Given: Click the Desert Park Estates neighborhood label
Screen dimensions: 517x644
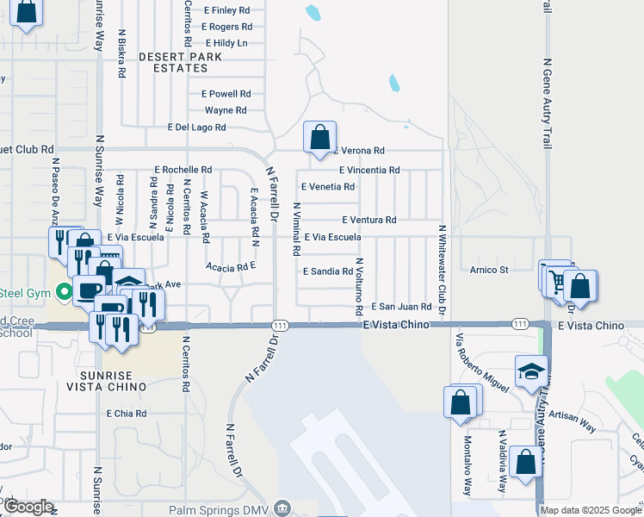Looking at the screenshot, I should (x=180, y=62).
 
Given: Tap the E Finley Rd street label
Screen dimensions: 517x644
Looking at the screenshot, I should (x=226, y=10).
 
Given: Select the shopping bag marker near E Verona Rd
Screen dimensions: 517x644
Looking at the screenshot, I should (x=319, y=136).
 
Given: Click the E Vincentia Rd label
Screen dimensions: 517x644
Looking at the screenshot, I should (x=369, y=171).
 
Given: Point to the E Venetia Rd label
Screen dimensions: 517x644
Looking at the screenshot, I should (x=327, y=186).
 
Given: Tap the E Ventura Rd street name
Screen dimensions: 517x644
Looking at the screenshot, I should (x=368, y=221).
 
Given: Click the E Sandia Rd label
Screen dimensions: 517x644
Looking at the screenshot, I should (x=328, y=271).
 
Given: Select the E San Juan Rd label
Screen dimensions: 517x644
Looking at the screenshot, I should (x=401, y=307).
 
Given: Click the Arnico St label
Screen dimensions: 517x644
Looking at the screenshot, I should (x=491, y=270).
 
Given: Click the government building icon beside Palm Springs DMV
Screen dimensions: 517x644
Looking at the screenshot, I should (x=282, y=508).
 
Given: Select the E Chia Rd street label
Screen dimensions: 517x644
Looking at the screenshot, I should (x=127, y=414).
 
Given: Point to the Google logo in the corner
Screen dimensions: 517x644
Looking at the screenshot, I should (x=28, y=507).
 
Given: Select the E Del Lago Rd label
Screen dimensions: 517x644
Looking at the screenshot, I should (x=196, y=128).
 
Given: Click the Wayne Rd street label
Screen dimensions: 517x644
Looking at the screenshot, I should (x=226, y=110).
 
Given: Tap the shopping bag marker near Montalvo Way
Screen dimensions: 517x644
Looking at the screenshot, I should (x=460, y=402).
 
